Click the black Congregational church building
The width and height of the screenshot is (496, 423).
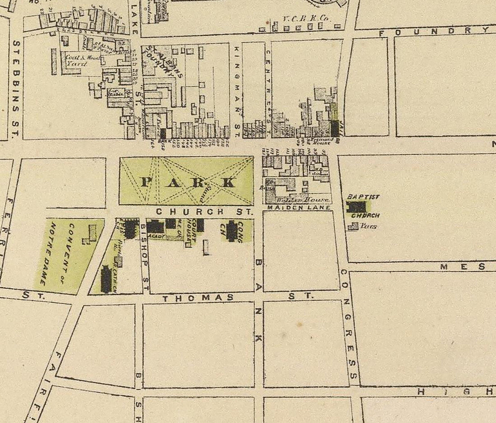pyautogui.click(x=232, y=231)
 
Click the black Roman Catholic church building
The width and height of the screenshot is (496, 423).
pyautogui.click(x=106, y=280)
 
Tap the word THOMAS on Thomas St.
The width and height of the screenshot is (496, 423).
pyautogui.click(x=198, y=298)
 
